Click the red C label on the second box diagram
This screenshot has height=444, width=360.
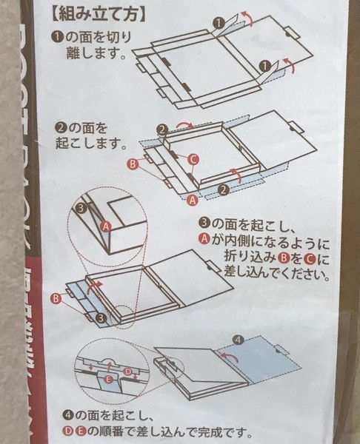pyautogui.click(x=193, y=158)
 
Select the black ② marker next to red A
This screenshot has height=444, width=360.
pyautogui.click(x=221, y=189)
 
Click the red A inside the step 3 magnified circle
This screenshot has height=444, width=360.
pyautogui.click(x=105, y=231)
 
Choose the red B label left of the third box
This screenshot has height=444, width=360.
pyautogui.click(x=56, y=297)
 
